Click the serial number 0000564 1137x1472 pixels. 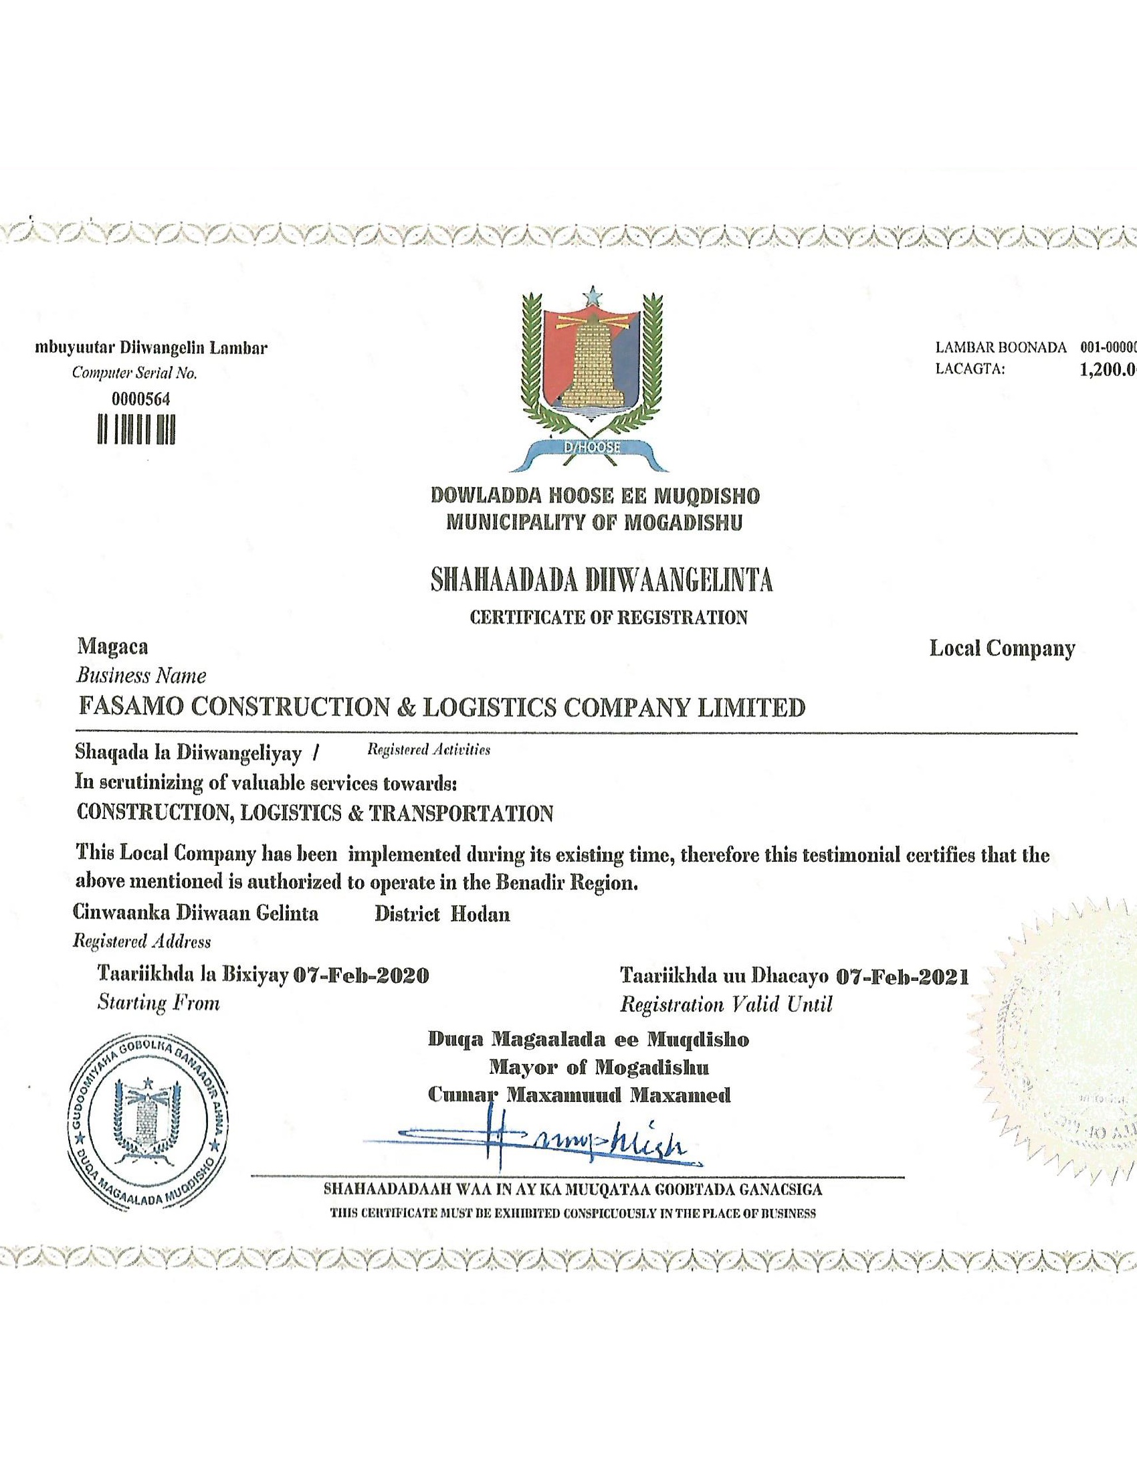[140, 399]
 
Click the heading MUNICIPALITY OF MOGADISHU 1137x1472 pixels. [594, 523]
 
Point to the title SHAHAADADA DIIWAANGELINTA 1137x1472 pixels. [601, 580]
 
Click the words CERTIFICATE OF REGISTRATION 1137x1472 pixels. [608, 618]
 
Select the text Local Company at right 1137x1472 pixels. [1002, 648]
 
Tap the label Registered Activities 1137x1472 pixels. [429, 749]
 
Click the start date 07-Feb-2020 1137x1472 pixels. [362, 976]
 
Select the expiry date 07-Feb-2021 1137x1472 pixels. [902, 977]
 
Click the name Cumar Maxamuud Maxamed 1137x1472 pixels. [579, 1095]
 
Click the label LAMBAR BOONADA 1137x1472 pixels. [1001, 348]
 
